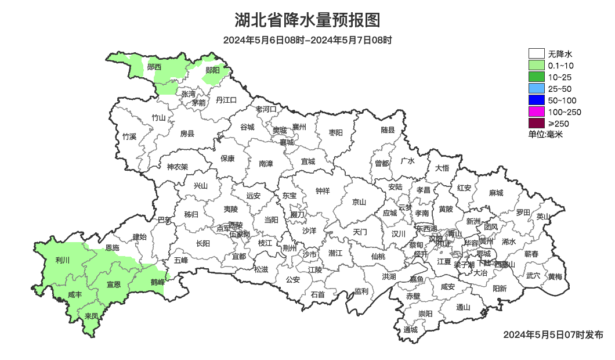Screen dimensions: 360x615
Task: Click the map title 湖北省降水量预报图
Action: tap(307, 21)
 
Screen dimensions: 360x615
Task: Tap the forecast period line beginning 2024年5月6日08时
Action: tap(307, 40)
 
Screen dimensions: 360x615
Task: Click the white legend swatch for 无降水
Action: tap(536, 54)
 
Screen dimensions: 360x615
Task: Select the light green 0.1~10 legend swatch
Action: tap(536, 66)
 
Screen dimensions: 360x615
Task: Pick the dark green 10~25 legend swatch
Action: tap(536, 77)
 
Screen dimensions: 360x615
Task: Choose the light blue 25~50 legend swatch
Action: tap(536, 89)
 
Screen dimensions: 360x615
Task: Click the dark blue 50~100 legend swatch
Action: tap(536, 100)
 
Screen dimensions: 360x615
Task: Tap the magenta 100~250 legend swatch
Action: tap(536, 112)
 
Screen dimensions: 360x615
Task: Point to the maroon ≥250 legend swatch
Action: tap(536, 123)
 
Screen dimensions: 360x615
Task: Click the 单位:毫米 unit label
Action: tap(545, 134)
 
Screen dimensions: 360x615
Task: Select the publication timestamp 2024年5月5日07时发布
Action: tap(553, 335)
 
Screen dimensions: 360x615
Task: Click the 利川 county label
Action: tap(62, 260)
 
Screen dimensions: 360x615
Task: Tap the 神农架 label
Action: tap(178, 167)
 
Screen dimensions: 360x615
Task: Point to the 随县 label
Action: tap(388, 130)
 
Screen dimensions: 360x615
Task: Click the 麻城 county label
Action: tap(495, 193)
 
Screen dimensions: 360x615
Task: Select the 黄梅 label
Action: tap(555, 276)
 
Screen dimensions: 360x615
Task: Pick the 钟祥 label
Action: tap(323, 190)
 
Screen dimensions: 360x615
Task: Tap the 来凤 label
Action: tap(92, 316)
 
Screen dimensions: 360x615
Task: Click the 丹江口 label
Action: tap(226, 100)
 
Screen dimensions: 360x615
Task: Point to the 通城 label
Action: tap(411, 330)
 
